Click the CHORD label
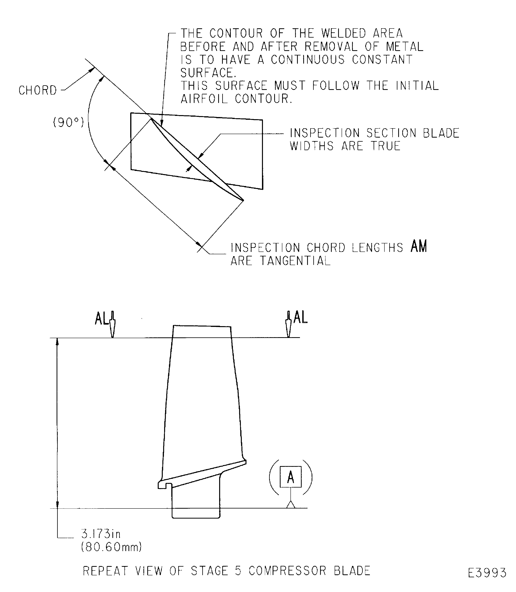(38, 90)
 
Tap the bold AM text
(419, 246)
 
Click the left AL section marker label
(102, 318)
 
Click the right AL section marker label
(300, 317)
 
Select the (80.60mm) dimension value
(111, 547)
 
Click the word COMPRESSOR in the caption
(287, 571)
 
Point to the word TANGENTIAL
(295, 261)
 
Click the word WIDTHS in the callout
(312, 146)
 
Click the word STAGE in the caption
(209, 571)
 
